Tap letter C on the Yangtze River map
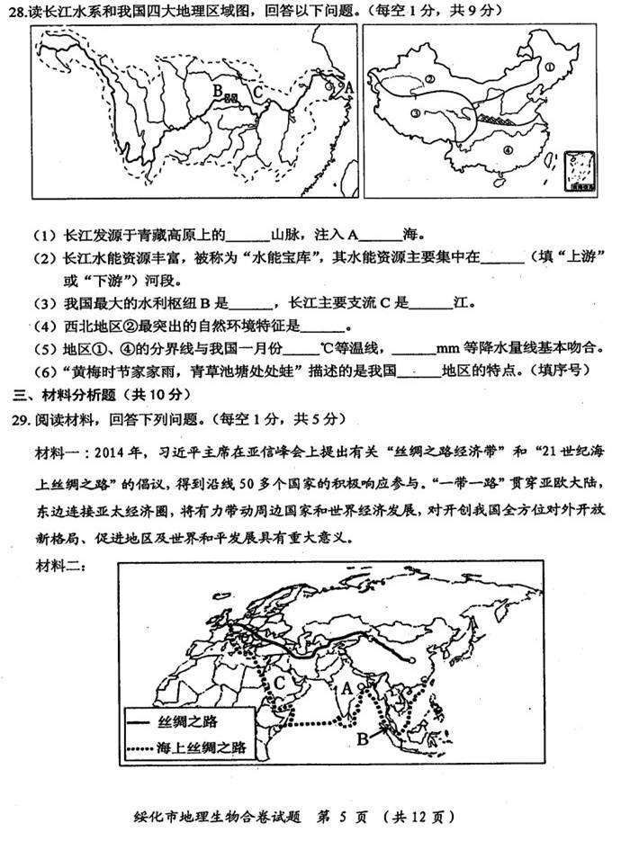click(257, 90)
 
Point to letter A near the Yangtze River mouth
click(348, 87)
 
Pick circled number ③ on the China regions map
click(415, 114)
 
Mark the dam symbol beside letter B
click(231, 97)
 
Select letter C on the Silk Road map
click(281, 684)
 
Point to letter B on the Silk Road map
click(362, 739)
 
